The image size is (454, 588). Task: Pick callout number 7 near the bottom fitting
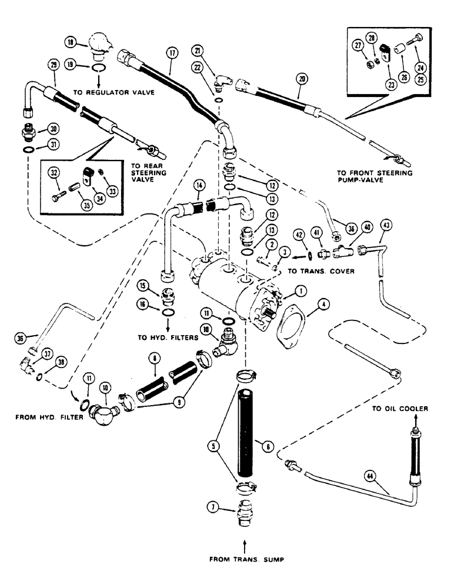[213, 506]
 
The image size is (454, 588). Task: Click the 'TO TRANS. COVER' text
[316, 273]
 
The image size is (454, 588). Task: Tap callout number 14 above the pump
[201, 183]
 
